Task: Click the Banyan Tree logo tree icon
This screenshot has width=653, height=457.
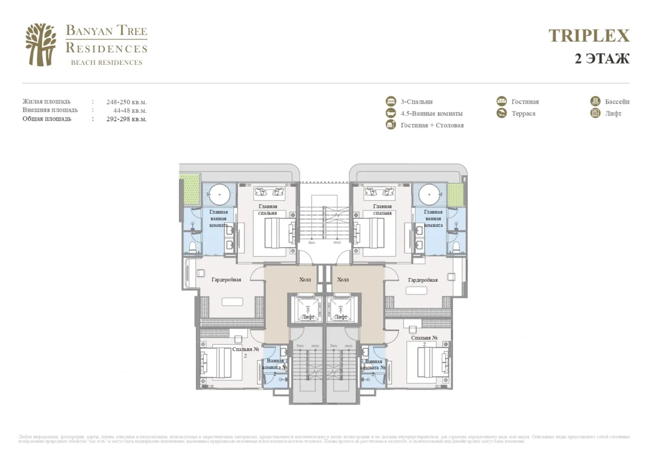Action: [x=41, y=45]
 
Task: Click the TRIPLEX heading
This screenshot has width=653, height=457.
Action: [x=589, y=36]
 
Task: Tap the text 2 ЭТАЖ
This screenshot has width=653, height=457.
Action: [x=602, y=59]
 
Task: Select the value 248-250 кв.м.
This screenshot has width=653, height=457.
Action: [x=127, y=102]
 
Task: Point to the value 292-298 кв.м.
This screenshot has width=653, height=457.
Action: [x=127, y=119]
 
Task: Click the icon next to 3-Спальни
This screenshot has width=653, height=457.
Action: [x=391, y=101]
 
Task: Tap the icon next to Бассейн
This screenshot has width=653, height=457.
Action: [x=595, y=101]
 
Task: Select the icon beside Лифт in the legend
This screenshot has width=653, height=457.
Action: [x=595, y=113]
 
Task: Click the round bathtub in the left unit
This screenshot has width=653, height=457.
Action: [x=219, y=194]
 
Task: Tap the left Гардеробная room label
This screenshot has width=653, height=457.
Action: [x=226, y=280]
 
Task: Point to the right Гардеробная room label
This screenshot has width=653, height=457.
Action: [x=422, y=280]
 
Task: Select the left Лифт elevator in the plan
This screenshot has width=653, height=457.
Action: [x=307, y=310]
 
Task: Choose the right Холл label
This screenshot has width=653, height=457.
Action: [x=343, y=280]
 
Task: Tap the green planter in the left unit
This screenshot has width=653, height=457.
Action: [x=192, y=190]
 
